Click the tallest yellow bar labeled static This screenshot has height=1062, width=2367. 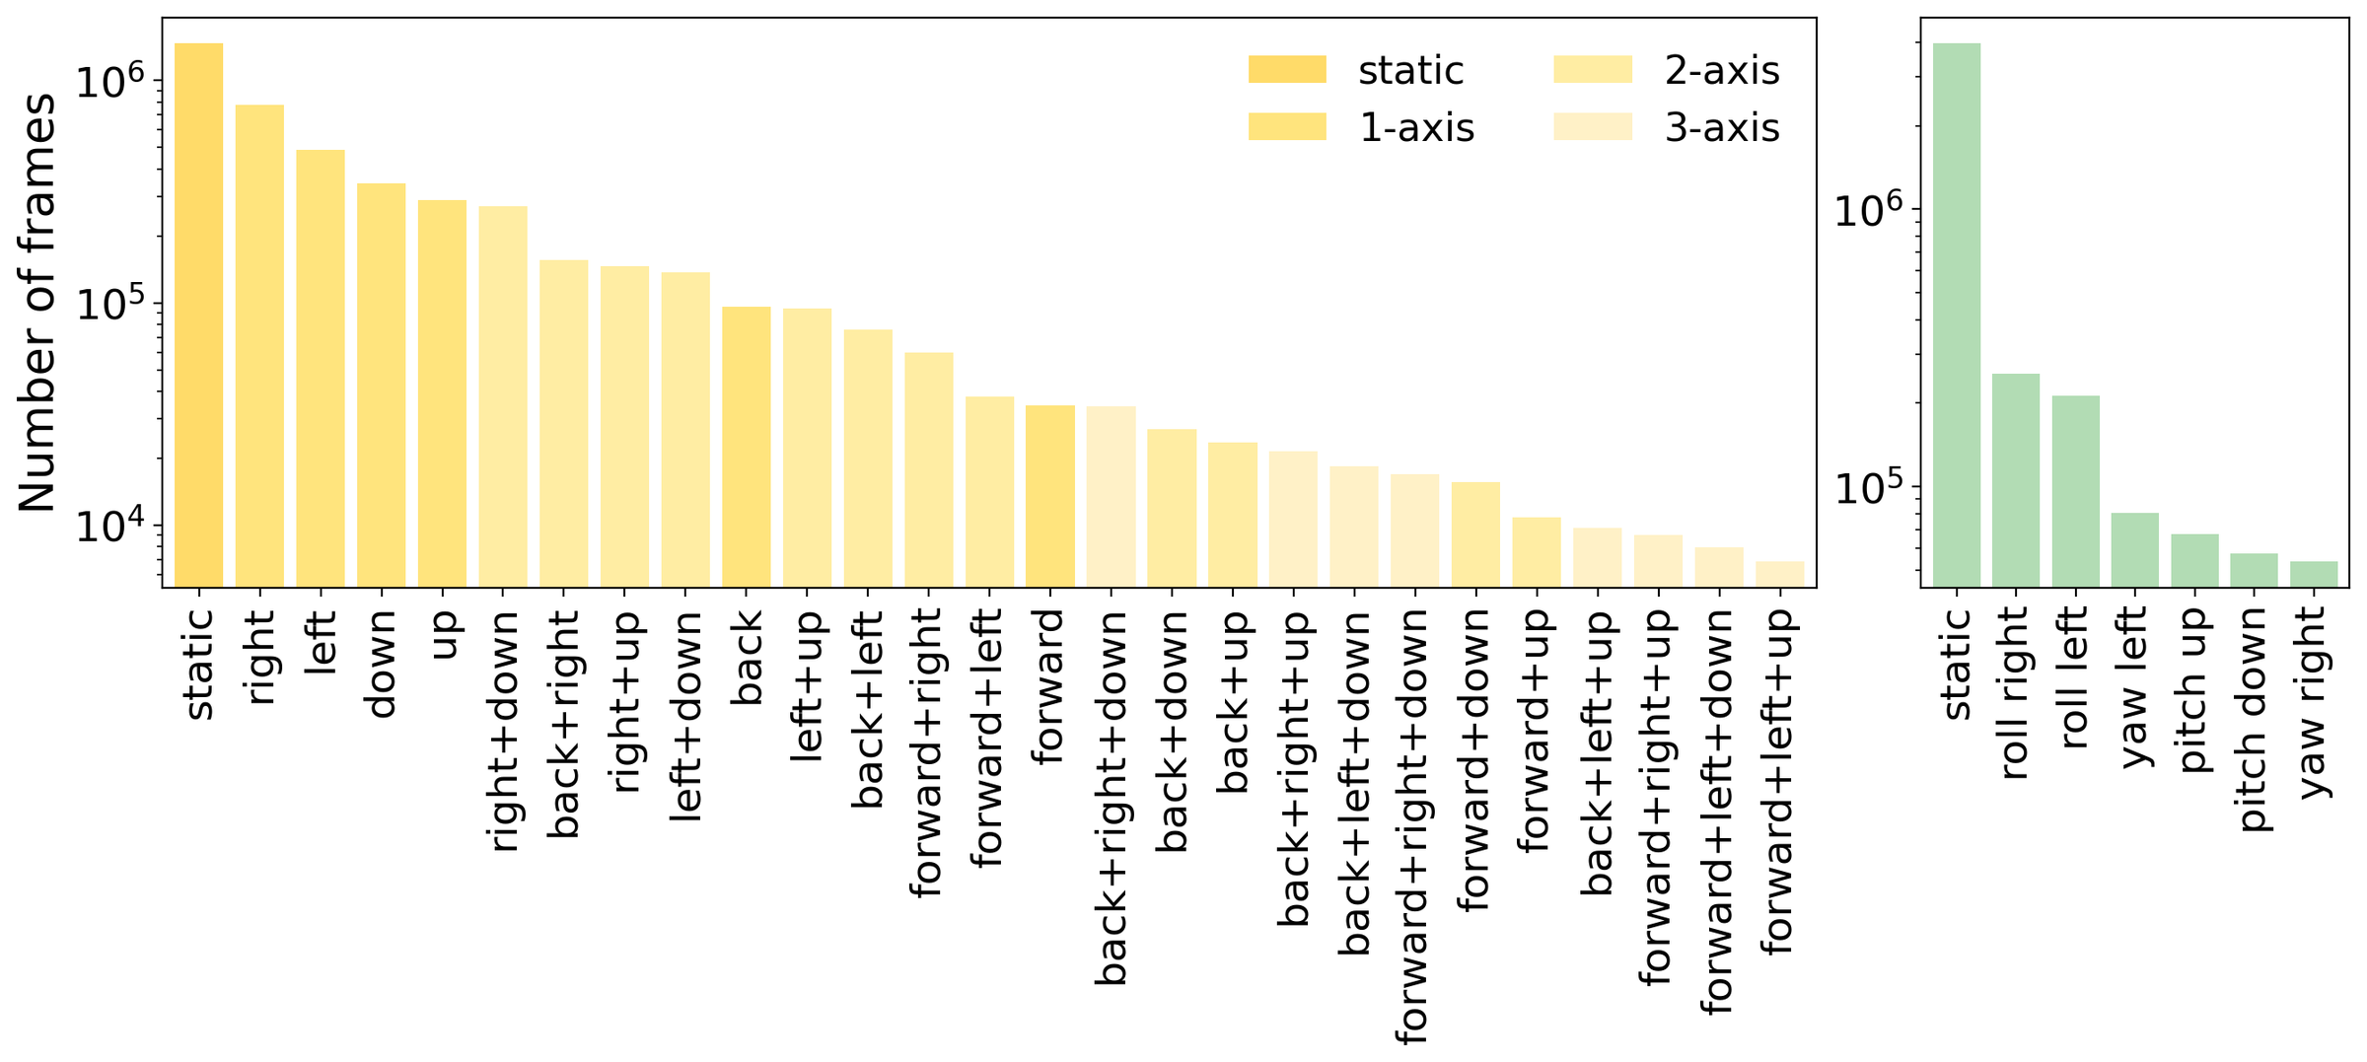coord(198,316)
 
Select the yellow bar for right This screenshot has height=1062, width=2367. coord(259,346)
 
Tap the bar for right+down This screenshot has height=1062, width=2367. coord(503,396)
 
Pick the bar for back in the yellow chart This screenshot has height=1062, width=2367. coord(747,447)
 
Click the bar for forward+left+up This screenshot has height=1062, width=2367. coord(1780,574)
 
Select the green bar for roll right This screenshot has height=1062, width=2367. coord(2016,480)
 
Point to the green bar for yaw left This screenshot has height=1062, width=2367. coord(2135,550)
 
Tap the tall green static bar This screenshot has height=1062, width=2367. coord(1957,316)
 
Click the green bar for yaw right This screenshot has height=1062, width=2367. coord(2314,574)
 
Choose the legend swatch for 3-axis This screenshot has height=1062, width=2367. coord(1593,127)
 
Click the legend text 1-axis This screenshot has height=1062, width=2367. coord(1416,128)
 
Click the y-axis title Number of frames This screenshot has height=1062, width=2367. coord(37,303)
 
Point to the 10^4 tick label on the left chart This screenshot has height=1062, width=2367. coord(109,525)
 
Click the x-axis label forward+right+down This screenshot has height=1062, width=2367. coord(1412,826)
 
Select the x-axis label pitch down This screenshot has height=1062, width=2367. coord(2255,720)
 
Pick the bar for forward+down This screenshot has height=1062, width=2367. coord(1475,534)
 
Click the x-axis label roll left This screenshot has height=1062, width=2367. coord(2076,677)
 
